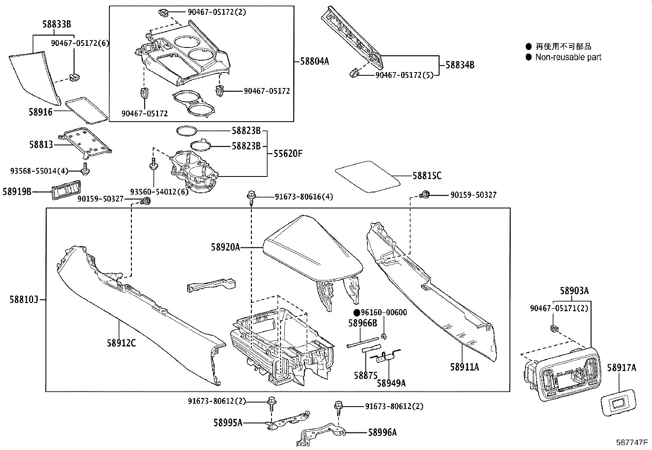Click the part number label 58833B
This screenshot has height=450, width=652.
point(57,24)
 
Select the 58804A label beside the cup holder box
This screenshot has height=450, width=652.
point(315,61)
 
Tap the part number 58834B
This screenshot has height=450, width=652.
point(460,65)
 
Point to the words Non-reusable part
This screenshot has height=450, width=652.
point(568,57)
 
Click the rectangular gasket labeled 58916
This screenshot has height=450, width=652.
point(87,109)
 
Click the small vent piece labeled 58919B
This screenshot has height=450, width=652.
point(66,191)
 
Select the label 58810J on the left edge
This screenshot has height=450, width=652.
point(24,300)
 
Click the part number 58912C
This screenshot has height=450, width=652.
point(121,343)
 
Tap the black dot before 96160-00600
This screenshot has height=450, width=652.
point(356,313)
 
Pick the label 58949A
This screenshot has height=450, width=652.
point(391,383)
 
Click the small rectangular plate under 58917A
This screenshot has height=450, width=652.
point(618,403)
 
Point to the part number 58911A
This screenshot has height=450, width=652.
point(464,367)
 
